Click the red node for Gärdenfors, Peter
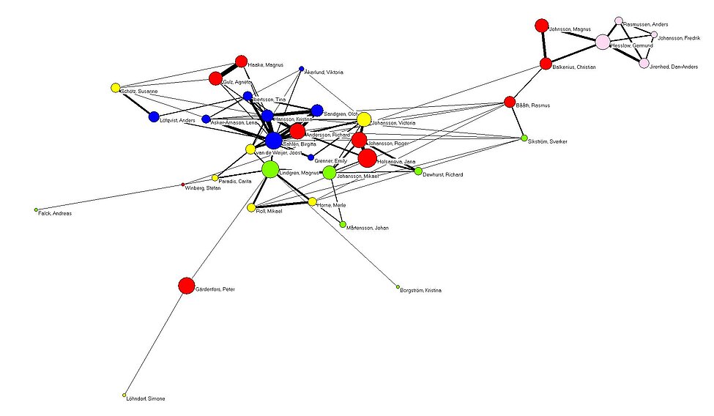[187, 286]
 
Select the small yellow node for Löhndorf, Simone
[124, 395]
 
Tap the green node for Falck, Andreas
[36, 210]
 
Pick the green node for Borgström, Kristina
[398, 286]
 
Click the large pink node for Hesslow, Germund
[603, 42]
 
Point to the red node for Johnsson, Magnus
[542, 26]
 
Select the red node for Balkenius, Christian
[546, 64]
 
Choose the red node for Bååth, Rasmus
[510, 102]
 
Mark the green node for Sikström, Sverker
[524, 138]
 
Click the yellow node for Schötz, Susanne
[115, 88]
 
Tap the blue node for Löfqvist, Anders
[154, 116]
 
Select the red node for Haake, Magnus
[241, 62]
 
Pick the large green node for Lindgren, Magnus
[270, 169]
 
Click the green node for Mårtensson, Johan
[343, 224]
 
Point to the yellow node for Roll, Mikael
[251, 208]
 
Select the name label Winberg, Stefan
[204, 188]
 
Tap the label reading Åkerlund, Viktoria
[324, 73]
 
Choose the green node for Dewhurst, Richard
[418, 171]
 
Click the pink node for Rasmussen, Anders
[619, 21]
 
